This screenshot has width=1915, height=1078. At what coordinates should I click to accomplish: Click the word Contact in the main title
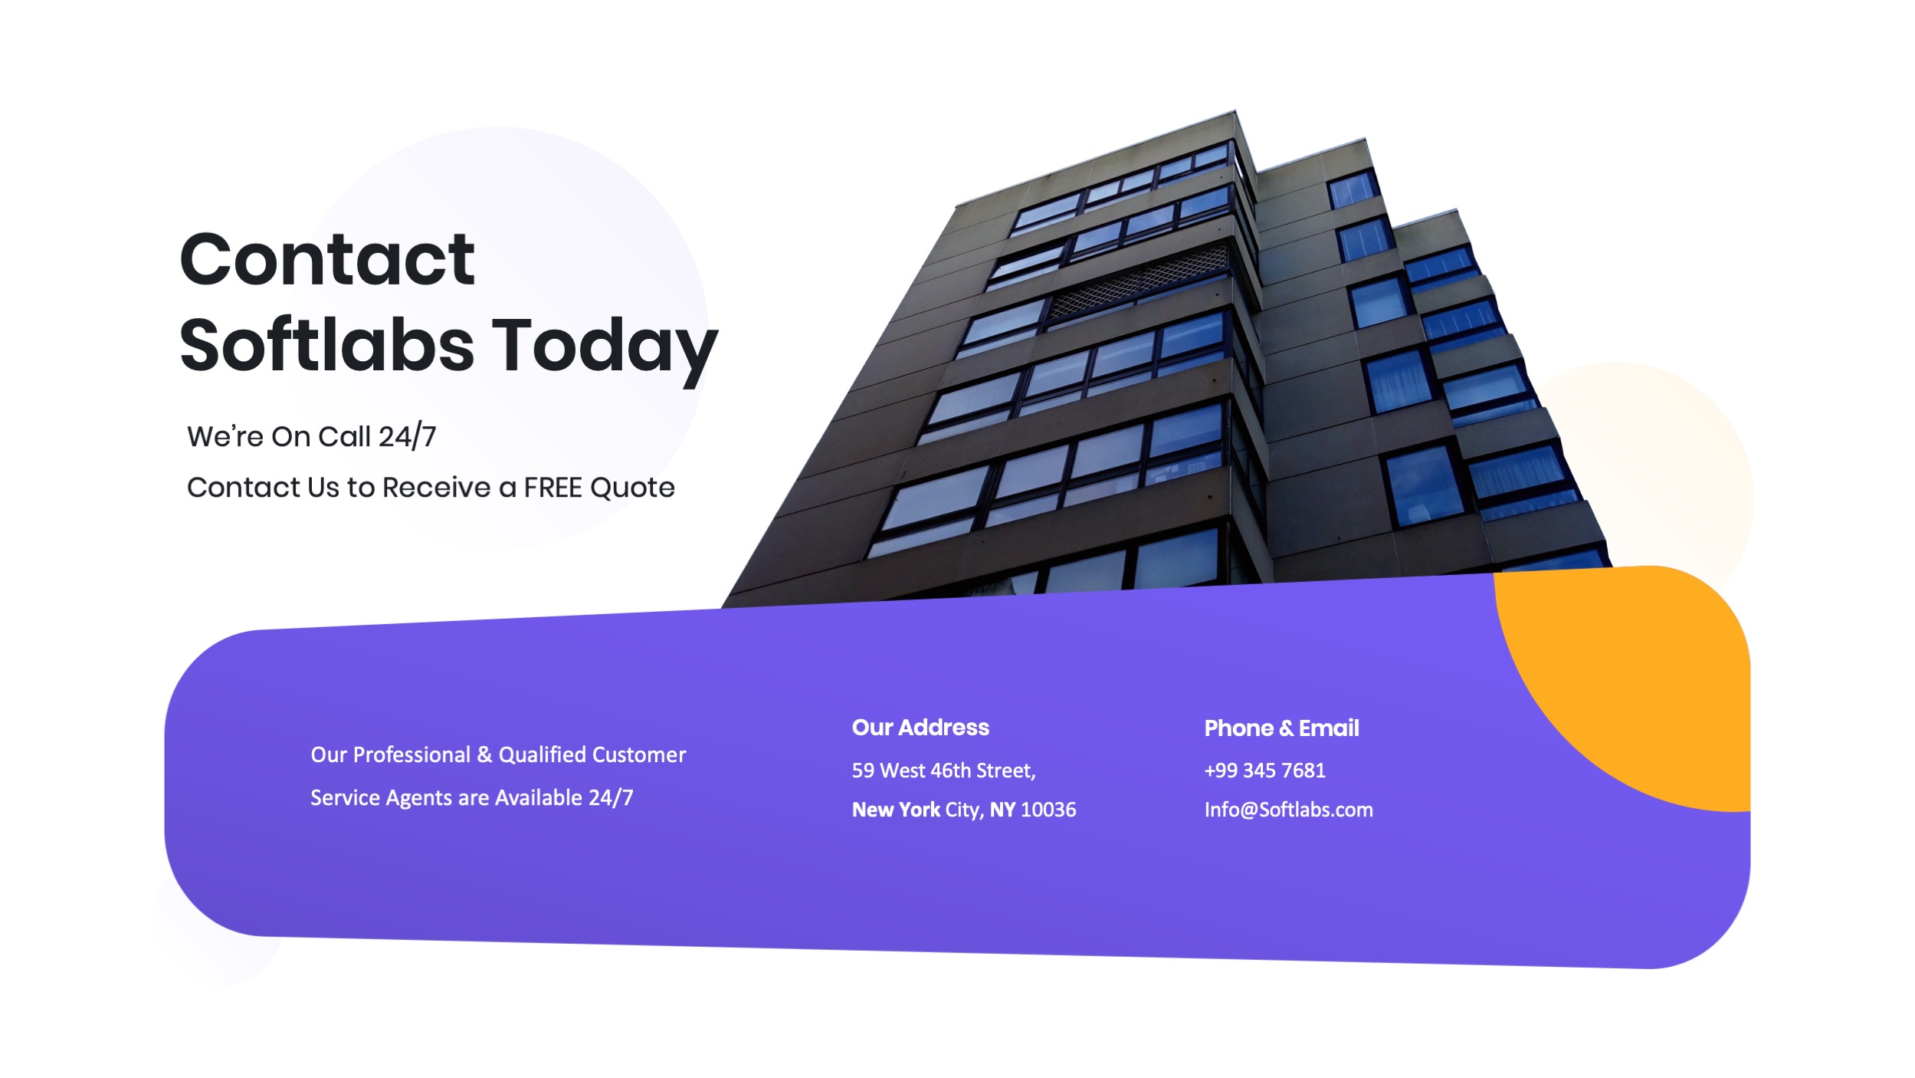tap(327, 261)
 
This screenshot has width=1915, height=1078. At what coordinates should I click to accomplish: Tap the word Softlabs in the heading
tap(327, 346)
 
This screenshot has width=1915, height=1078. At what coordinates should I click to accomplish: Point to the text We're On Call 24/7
tap(311, 436)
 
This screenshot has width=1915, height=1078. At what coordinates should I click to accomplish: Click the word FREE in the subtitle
tap(553, 488)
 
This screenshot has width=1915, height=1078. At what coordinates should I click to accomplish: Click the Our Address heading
tap(920, 728)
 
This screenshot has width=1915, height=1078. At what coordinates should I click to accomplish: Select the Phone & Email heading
tap(1281, 728)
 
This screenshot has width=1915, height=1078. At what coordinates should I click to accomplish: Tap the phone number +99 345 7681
tap(1264, 771)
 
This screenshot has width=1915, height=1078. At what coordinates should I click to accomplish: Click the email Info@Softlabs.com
tap(1288, 810)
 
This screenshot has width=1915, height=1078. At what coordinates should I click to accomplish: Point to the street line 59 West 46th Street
tap(943, 771)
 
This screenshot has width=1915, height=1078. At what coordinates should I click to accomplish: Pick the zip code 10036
tap(1048, 810)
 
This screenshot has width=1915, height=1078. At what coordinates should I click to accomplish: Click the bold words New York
tap(896, 810)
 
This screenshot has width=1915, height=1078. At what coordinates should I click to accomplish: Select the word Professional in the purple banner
tap(412, 755)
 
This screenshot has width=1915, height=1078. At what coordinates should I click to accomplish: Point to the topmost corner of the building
tap(1235, 112)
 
